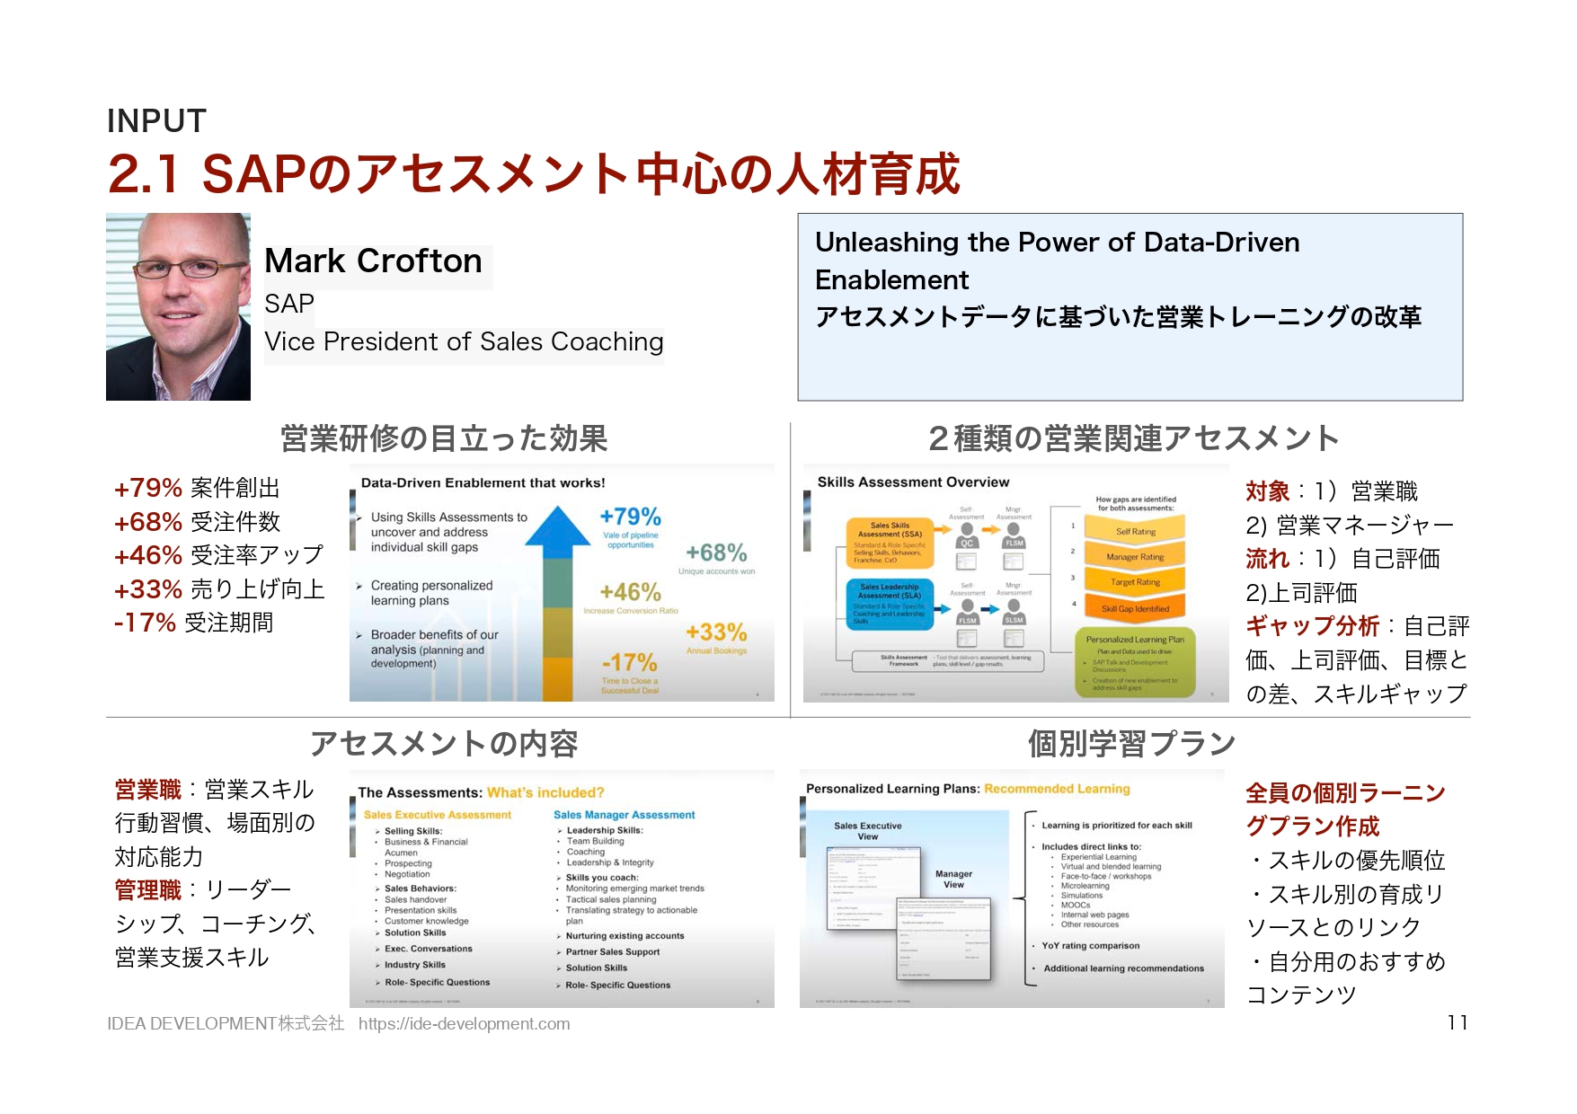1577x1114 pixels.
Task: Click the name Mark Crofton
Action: (x=373, y=261)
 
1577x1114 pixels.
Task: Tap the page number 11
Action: (x=1457, y=1022)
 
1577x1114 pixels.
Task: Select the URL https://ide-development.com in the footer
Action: (x=464, y=1023)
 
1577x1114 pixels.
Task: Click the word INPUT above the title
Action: (x=156, y=121)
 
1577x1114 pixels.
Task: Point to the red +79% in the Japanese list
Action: (x=147, y=488)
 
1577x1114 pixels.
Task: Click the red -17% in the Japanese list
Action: (x=144, y=623)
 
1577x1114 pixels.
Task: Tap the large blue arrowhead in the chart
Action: (x=557, y=525)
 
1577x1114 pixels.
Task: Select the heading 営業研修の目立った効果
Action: (x=444, y=438)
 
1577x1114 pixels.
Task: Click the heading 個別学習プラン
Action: (x=1131, y=744)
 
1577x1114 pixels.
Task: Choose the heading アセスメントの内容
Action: (x=444, y=744)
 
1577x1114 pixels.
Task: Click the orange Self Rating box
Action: (x=1135, y=532)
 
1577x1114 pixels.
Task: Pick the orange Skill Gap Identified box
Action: (x=1135, y=608)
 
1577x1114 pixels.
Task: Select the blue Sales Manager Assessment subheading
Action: (x=624, y=815)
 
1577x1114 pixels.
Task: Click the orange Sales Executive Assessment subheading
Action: (x=437, y=815)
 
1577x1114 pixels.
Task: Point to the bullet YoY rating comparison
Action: (x=1090, y=946)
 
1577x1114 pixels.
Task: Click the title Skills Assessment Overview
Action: (x=913, y=482)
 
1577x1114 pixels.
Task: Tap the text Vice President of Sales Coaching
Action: (x=464, y=342)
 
